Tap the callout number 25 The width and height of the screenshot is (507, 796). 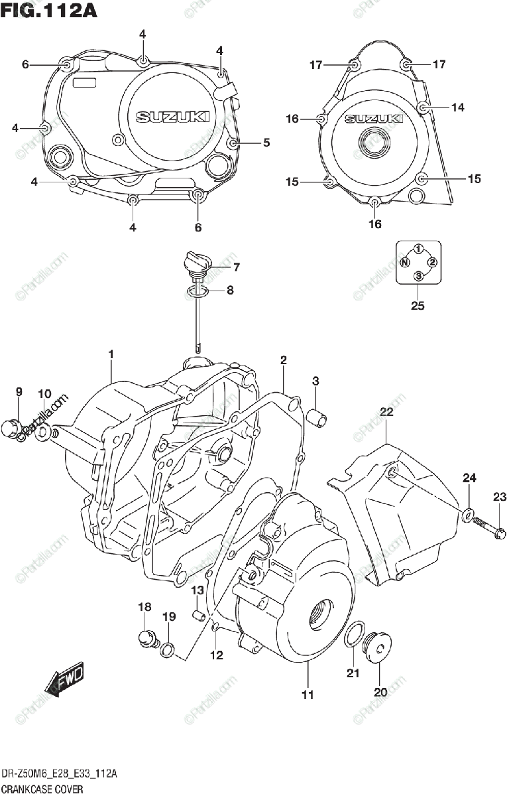[418, 305]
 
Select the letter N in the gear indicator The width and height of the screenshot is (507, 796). [403, 263]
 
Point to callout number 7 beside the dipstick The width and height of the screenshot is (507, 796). [217, 267]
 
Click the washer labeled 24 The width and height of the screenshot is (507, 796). [469, 513]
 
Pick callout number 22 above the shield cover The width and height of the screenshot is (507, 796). [386, 413]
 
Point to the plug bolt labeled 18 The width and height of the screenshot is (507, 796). [145, 638]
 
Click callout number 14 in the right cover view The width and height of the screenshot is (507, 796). [459, 107]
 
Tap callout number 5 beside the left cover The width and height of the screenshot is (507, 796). [266, 142]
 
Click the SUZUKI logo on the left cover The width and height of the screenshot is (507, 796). [173, 117]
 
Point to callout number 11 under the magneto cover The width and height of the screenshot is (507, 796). [308, 695]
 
